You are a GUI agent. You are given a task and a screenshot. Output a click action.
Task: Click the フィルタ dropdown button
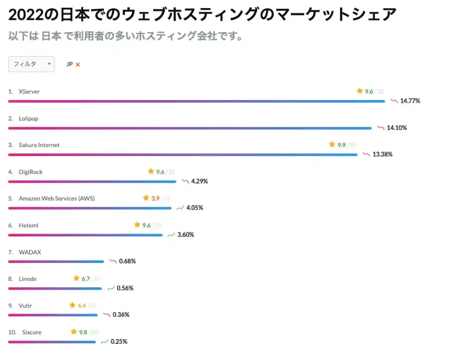tap(31, 64)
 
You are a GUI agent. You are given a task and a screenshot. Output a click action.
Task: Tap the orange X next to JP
tap(78, 65)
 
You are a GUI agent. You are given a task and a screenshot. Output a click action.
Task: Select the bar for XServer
tap(196, 101)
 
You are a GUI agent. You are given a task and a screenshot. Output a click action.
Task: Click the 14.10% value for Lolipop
tap(397, 128)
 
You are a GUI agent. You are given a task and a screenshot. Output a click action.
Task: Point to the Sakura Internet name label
tap(39, 145)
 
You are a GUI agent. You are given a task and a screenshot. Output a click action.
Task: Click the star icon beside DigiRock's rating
tap(151, 171)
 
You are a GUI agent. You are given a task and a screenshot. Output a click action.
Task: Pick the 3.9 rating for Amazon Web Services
tap(155, 198)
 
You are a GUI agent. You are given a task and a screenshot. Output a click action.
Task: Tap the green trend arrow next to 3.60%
tap(171, 235)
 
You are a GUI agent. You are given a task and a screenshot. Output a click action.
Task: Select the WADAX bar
tap(56, 261)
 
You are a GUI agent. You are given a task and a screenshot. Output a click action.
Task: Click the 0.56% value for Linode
tap(125, 288)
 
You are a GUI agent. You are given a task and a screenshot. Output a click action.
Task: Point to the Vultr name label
tap(25, 305)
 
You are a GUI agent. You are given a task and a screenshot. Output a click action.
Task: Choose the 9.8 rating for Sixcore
tap(83, 332)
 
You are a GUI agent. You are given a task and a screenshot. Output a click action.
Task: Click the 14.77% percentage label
tap(410, 101)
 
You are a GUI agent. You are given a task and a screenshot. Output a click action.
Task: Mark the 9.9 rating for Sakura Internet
tap(341, 145)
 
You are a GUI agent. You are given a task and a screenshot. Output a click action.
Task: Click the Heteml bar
tap(85, 235)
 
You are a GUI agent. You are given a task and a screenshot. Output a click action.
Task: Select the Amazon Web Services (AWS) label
tap(56, 198)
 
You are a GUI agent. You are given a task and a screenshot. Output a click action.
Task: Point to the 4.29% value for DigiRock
tap(199, 181)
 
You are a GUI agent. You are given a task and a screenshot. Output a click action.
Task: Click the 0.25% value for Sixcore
tap(119, 342)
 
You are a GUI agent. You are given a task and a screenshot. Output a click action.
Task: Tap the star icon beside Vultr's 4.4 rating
tap(72, 305)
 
